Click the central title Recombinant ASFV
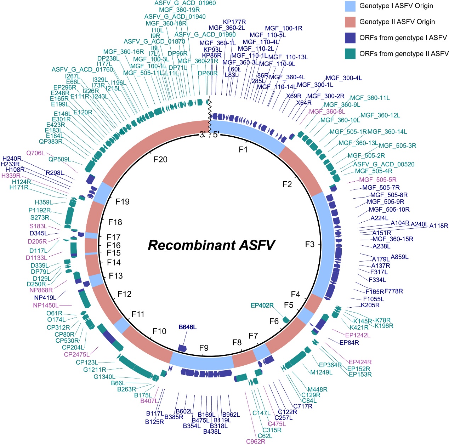point(211,245)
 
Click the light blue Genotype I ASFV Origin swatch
point(350,6)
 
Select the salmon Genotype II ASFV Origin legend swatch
point(350,22)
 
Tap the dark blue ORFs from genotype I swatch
point(350,38)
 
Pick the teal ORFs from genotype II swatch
point(350,54)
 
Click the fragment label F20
point(160,160)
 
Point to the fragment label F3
point(310,245)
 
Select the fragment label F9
point(204,348)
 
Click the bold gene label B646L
point(188,327)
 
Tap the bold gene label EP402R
point(262,306)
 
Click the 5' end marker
point(216,135)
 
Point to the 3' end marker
point(203,135)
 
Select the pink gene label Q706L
point(36,153)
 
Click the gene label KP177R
point(234,22)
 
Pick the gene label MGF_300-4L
point(344,78)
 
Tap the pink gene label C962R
point(256,441)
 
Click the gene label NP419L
point(45,298)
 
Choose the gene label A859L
point(399,257)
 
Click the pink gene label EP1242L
point(358,335)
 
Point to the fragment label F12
point(125,294)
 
